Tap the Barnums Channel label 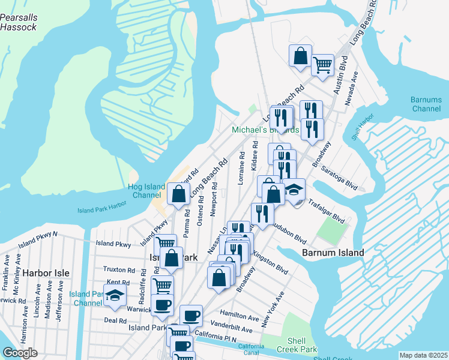(426, 104)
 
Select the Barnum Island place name (333, 253)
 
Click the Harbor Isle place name (47, 273)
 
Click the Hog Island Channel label (146, 191)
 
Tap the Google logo (20, 353)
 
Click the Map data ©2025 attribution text (423, 355)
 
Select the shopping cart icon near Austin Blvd (323, 65)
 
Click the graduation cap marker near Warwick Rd (114, 295)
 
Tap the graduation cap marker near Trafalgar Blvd (294, 190)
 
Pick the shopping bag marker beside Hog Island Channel (179, 194)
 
